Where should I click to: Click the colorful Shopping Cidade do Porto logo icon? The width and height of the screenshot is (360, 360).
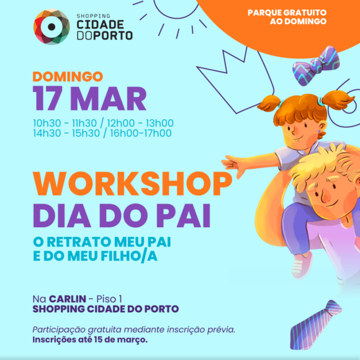click(51, 27)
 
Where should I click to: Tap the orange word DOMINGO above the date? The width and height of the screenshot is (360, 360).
click(68, 77)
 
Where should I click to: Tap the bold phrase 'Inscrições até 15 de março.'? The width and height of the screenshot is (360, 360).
click(90, 340)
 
